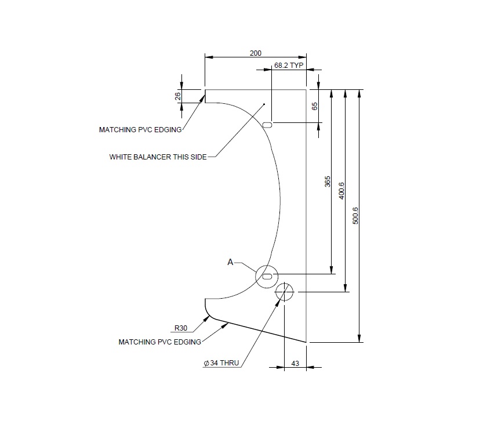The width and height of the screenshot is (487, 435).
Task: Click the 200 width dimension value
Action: coord(255,53)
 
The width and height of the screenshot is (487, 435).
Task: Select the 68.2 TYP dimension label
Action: coord(289,66)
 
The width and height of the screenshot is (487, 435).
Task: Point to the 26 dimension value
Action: coord(178,96)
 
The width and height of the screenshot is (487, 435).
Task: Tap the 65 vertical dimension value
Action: coord(315,106)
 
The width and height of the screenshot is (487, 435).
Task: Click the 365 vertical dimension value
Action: coord(328,182)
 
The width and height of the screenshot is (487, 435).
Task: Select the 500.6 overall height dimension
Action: coord(356,215)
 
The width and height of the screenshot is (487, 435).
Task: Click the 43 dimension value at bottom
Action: coord(295,363)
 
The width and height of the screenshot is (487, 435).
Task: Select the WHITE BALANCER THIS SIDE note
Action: coord(158,157)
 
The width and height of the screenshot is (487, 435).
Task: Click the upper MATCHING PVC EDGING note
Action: coord(140,130)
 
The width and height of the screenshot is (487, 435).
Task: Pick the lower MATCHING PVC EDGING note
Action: coord(160,342)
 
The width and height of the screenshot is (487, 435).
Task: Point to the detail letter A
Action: coord(230,263)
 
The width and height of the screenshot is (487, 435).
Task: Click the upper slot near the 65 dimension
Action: coord(268,124)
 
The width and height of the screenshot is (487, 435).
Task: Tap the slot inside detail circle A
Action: coord(267,277)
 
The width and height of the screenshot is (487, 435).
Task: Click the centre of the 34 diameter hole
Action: coord(285,292)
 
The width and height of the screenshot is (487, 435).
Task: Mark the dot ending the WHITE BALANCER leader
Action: coord(264,104)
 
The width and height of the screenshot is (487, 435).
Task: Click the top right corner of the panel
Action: coord(306,89)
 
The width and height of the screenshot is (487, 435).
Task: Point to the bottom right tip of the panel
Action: coord(306,342)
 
